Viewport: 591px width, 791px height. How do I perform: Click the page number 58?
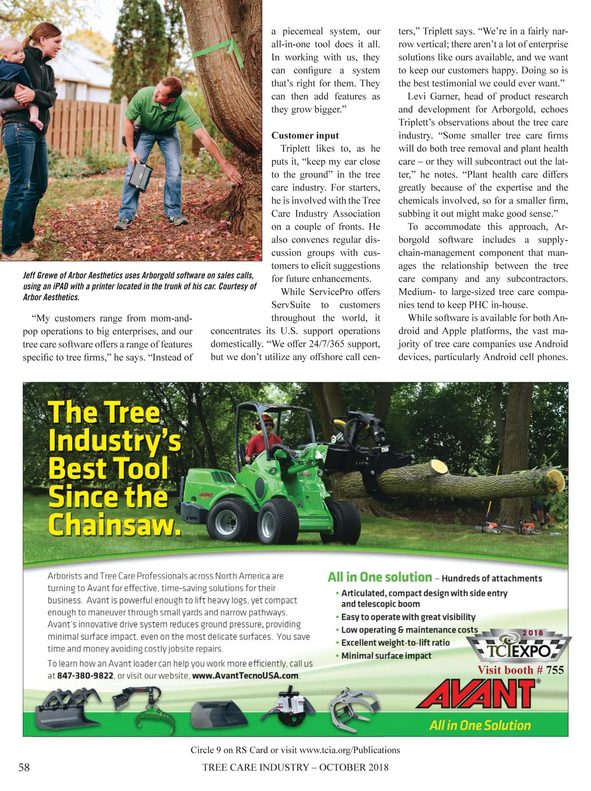(x=24, y=767)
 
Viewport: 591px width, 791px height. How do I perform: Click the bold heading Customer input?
(x=305, y=135)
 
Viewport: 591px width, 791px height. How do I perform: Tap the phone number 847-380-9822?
(x=85, y=676)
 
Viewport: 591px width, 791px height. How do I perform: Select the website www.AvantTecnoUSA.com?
(x=245, y=676)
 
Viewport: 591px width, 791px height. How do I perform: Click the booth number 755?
(x=555, y=670)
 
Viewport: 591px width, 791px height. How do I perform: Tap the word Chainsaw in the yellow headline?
(x=114, y=525)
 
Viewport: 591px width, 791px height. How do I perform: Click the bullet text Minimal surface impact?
(x=386, y=656)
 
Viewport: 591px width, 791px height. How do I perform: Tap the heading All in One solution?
(x=380, y=577)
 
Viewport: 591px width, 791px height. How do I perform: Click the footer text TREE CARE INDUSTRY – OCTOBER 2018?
(x=295, y=767)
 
